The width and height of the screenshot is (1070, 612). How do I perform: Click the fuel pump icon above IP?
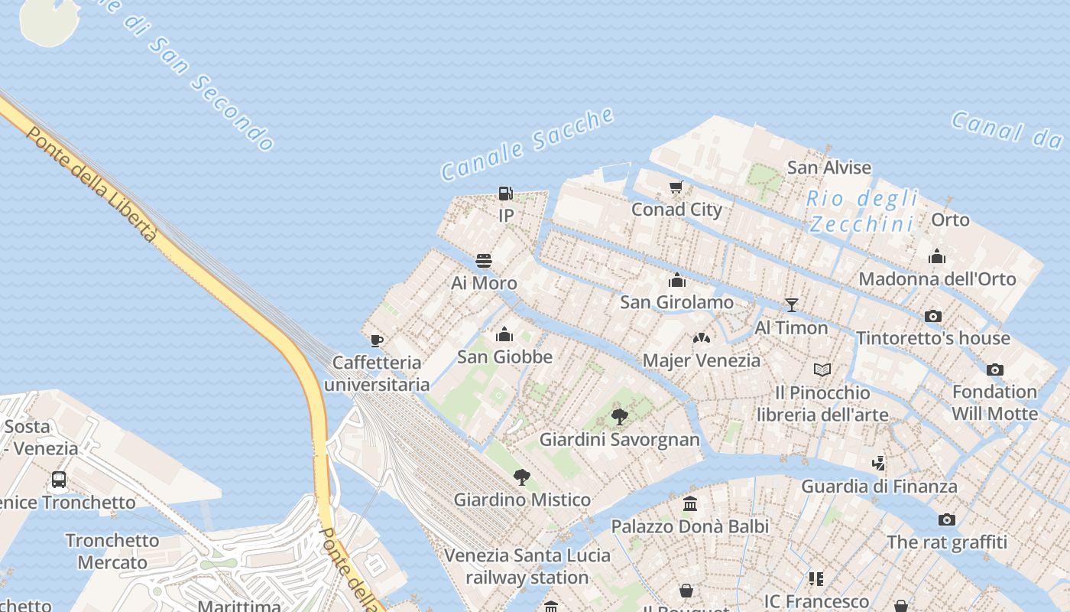[x=505, y=194]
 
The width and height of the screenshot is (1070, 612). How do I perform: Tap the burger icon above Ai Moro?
[x=484, y=261]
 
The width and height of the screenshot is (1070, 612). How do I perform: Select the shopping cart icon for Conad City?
[x=676, y=187]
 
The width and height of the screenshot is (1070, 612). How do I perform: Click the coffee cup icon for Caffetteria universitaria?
[x=376, y=340]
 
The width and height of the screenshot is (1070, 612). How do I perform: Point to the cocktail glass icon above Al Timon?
[x=792, y=305]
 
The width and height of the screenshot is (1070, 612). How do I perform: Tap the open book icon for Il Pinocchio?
[x=822, y=370]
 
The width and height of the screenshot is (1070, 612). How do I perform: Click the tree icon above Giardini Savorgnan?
[x=620, y=417]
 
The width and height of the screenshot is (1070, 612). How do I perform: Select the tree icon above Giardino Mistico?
[x=522, y=477]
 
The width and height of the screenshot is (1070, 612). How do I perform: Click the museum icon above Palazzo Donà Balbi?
[x=690, y=503]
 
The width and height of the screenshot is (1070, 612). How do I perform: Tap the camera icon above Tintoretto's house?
[x=933, y=316]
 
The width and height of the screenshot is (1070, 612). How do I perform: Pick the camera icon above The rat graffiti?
[x=947, y=520]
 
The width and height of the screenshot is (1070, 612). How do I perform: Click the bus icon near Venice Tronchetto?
[x=59, y=480]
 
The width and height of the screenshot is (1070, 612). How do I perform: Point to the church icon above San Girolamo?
[x=677, y=280]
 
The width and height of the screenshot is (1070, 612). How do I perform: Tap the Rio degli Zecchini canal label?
[x=862, y=211]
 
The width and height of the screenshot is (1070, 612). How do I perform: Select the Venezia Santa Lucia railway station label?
[x=527, y=566]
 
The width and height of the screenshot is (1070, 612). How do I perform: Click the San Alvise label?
[x=829, y=168]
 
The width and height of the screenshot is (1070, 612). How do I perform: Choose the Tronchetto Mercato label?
[x=112, y=551]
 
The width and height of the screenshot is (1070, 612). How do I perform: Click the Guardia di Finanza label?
[x=879, y=486]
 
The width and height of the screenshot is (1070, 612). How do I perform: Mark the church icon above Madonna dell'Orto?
[x=937, y=256]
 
